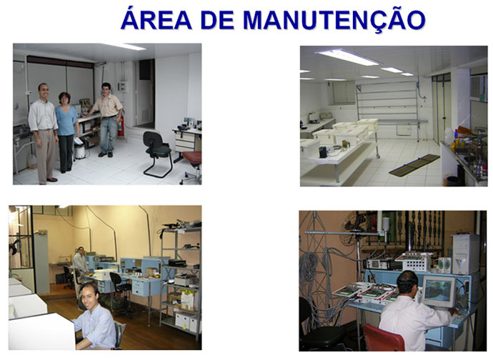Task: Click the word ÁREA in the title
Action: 156,19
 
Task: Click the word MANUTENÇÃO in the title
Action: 334,19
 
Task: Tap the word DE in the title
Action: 217,19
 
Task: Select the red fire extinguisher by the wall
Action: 121,126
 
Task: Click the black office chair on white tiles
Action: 157,154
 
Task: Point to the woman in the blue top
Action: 66,132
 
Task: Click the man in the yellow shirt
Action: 106,119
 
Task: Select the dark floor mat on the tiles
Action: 414,166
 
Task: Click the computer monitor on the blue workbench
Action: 438,291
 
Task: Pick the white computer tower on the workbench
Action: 466,254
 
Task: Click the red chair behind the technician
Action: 383,339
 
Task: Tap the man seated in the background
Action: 80,264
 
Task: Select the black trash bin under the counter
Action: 453,181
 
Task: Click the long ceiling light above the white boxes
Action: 348,57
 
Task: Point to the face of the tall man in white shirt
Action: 44,91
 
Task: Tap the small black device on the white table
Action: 322,152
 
